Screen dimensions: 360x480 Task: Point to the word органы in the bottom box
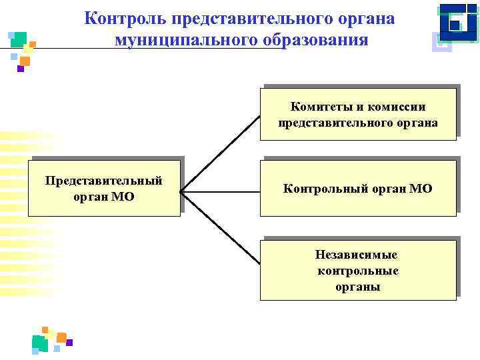pyautogui.click(x=358, y=287)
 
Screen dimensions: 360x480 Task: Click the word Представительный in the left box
pyautogui.click(x=103, y=181)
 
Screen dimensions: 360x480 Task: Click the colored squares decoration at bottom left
pyautogui.click(x=50, y=339)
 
